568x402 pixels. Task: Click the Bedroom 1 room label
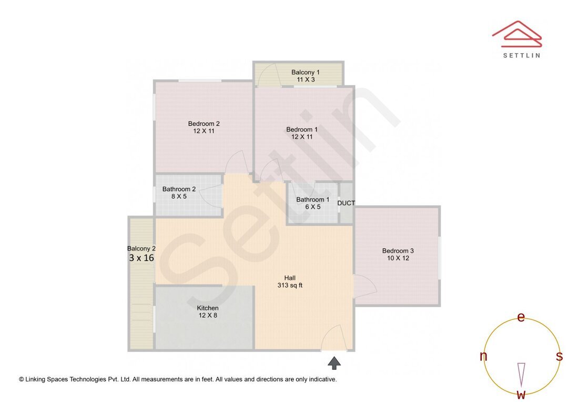tap(302, 129)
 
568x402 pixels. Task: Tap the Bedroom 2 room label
tap(204, 124)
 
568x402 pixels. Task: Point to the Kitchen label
tap(208, 308)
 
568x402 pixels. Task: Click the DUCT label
tap(346, 203)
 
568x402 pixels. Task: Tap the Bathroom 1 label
tap(312, 199)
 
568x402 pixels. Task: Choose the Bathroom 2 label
tap(179, 189)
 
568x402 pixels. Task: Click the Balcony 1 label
tap(306, 72)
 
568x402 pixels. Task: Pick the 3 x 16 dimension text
tap(141, 258)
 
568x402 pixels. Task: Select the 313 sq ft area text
tap(290, 286)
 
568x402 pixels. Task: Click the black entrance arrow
tap(334, 363)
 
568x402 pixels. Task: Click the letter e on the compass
tap(521, 317)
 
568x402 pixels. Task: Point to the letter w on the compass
tap(521, 394)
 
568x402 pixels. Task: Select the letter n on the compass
tap(483, 356)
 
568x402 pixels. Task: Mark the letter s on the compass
tap(559, 356)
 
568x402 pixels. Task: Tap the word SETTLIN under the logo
tap(521, 55)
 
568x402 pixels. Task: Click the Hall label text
tap(290, 278)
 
